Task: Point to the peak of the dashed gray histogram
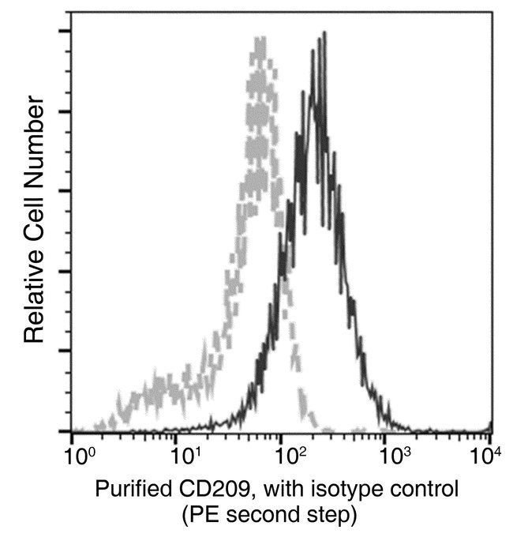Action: point(258,39)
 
